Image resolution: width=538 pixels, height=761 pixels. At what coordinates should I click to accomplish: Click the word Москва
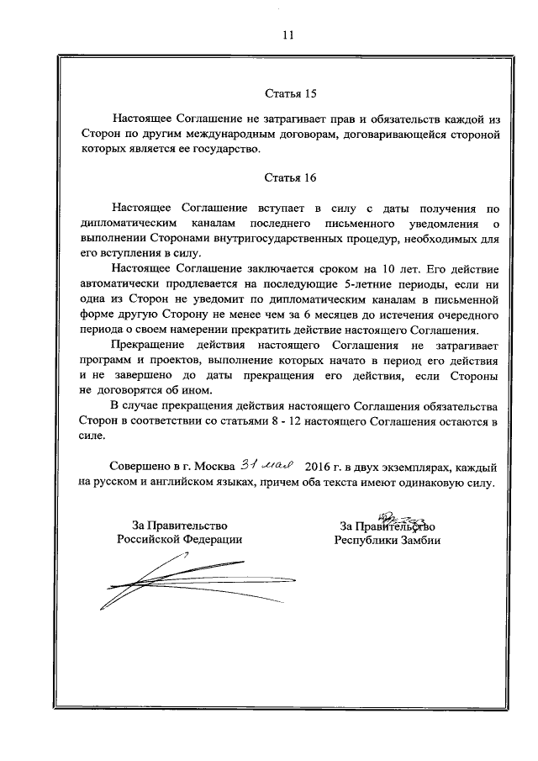pos(213,466)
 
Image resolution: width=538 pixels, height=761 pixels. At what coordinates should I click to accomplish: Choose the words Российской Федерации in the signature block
pos(179,541)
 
